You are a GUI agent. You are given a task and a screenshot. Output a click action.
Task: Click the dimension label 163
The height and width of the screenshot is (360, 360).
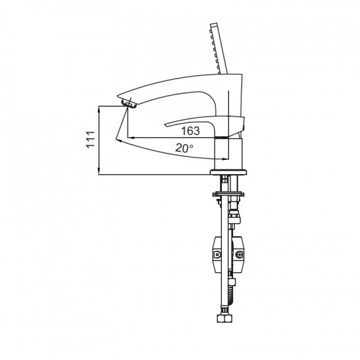[190, 131]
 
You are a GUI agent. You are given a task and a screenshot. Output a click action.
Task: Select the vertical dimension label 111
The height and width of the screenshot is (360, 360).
[91, 141]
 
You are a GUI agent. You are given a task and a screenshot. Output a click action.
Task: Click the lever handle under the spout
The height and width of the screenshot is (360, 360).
[203, 122]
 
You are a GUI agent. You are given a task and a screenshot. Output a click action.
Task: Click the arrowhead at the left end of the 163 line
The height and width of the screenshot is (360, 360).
[130, 137]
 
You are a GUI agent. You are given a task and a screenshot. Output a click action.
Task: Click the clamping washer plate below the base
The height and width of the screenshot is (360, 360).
[227, 194]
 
